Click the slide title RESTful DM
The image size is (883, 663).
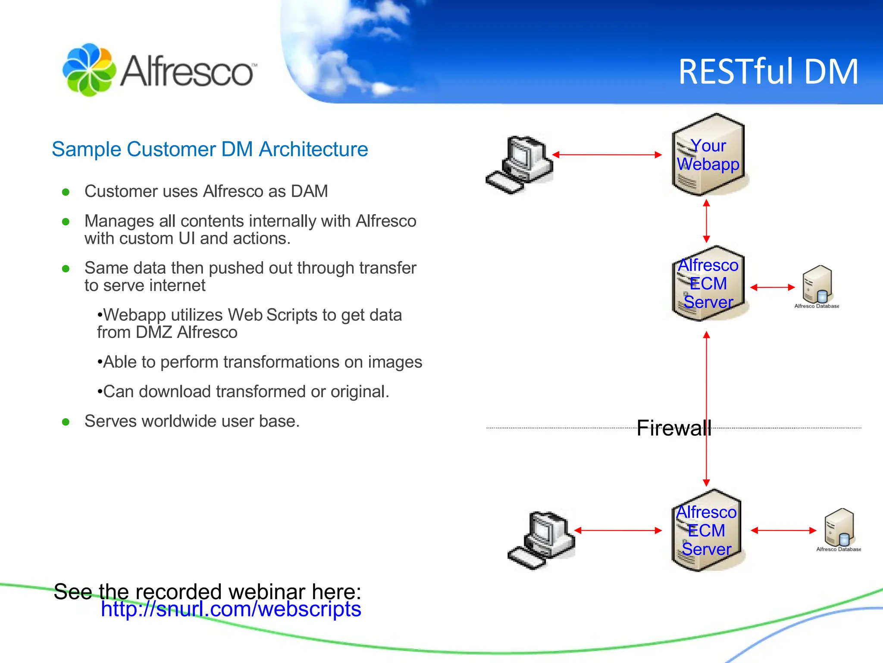pos(768,72)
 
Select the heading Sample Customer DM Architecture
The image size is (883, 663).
pos(210,149)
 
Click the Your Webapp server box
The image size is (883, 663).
pos(708,155)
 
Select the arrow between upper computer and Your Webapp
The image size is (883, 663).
pos(607,155)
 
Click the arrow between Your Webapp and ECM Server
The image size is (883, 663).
pos(706,221)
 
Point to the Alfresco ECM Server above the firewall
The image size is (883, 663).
pos(708,284)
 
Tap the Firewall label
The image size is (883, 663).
pos(673,428)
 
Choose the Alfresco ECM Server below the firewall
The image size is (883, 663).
pos(706,530)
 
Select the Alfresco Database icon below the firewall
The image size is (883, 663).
pos(839,528)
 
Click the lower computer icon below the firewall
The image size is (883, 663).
pos(542,540)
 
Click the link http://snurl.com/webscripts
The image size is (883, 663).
pos(231,609)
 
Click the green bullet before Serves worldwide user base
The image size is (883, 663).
pos(66,422)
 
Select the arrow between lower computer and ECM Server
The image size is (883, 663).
pos(618,530)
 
